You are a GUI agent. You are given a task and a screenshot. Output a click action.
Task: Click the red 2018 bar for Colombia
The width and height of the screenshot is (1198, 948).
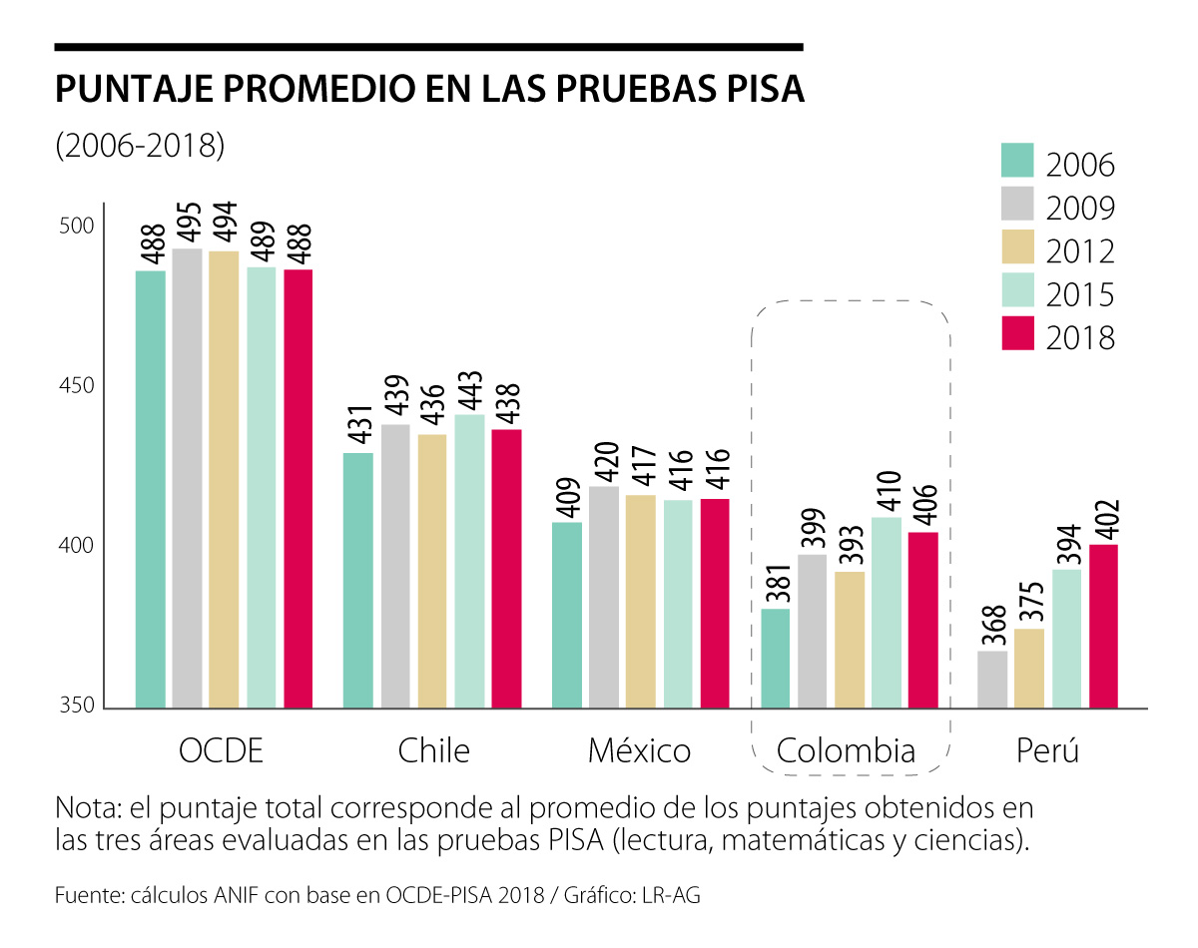point(922,620)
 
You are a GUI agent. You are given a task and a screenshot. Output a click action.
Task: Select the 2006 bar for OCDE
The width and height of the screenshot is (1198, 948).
point(151,489)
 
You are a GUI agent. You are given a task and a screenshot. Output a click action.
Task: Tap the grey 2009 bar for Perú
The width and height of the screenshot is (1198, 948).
point(992,680)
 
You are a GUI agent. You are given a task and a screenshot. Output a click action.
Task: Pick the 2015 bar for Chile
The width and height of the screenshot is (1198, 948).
point(469,562)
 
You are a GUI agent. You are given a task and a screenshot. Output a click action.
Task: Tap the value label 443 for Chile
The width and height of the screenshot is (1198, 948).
point(471,391)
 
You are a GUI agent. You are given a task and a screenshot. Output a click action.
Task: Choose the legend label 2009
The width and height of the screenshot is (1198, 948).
point(1080,209)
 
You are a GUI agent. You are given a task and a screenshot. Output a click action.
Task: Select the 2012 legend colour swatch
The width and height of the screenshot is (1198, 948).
point(1017,249)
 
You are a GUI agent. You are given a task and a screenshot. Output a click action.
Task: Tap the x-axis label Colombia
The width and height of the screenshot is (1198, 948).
point(846,750)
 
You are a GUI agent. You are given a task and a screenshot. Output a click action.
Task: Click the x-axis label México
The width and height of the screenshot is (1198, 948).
point(639,750)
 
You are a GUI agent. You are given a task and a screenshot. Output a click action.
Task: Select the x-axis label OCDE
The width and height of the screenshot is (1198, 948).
point(221,750)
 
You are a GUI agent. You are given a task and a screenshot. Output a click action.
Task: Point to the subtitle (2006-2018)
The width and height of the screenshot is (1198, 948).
point(140,146)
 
